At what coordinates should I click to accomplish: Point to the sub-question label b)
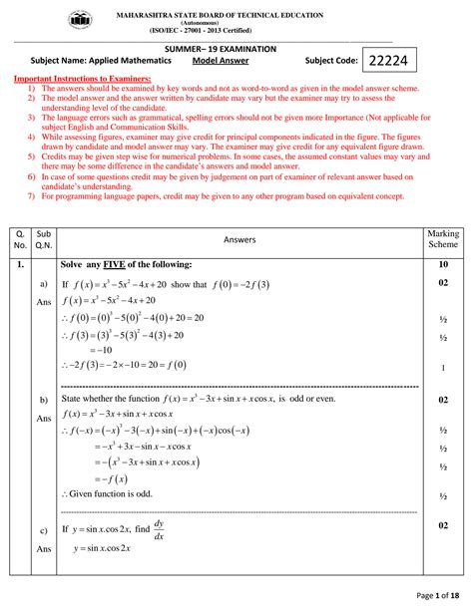[43, 400]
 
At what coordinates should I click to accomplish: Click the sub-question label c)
[43, 529]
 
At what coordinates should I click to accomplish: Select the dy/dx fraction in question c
[160, 528]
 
